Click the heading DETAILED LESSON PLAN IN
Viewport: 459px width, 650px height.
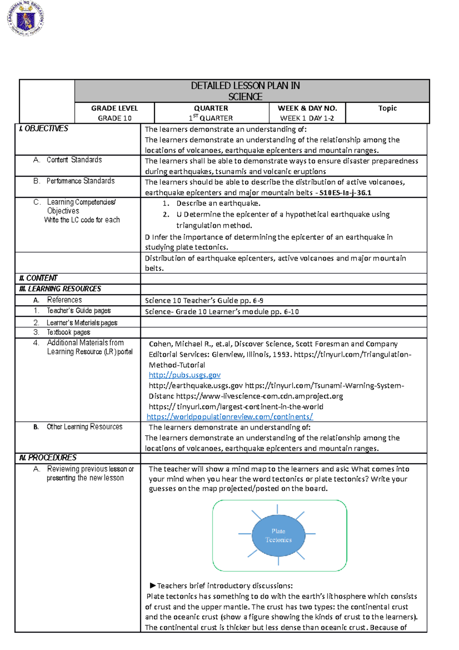tap(245, 86)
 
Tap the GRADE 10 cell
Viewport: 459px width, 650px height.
tap(114, 118)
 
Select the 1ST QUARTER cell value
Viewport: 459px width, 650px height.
tap(211, 118)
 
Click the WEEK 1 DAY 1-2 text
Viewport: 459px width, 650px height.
tap(307, 118)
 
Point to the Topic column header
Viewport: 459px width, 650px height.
tap(387, 108)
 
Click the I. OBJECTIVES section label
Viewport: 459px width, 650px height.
tap(44, 129)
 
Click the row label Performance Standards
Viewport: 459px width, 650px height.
tap(80, 181)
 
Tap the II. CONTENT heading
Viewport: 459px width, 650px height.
tap(38, 278)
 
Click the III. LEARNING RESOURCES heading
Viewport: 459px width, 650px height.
tap(60, 289)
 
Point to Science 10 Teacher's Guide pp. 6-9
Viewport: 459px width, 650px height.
tap(204, 301)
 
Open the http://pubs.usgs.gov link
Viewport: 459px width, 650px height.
tap(184, 375)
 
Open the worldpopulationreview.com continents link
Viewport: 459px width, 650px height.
tap(229, 417)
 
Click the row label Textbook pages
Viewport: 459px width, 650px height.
tap(68, 333)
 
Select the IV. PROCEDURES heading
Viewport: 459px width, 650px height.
tap(48, 458)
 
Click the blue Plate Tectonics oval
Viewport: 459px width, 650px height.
tap(278, 536)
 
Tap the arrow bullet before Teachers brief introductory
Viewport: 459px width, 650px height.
tap(152, 585)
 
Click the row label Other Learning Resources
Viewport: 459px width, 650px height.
tap(84, 427)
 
